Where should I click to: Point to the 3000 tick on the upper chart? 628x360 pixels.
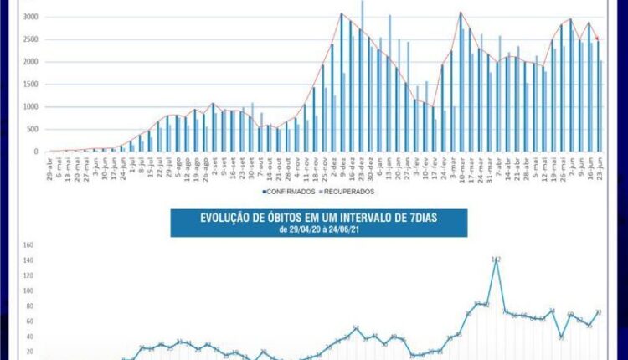[30, 17]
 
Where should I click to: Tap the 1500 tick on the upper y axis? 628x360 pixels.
[30, 85]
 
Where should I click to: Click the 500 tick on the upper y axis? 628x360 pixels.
[32, 130]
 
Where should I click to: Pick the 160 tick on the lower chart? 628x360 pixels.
[28, 246]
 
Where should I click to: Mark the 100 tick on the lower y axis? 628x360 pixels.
[28, 291]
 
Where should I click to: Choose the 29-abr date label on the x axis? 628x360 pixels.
[51, 165]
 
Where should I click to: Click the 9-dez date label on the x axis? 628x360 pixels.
[342, 164]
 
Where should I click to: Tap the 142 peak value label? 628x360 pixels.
[496, 260]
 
